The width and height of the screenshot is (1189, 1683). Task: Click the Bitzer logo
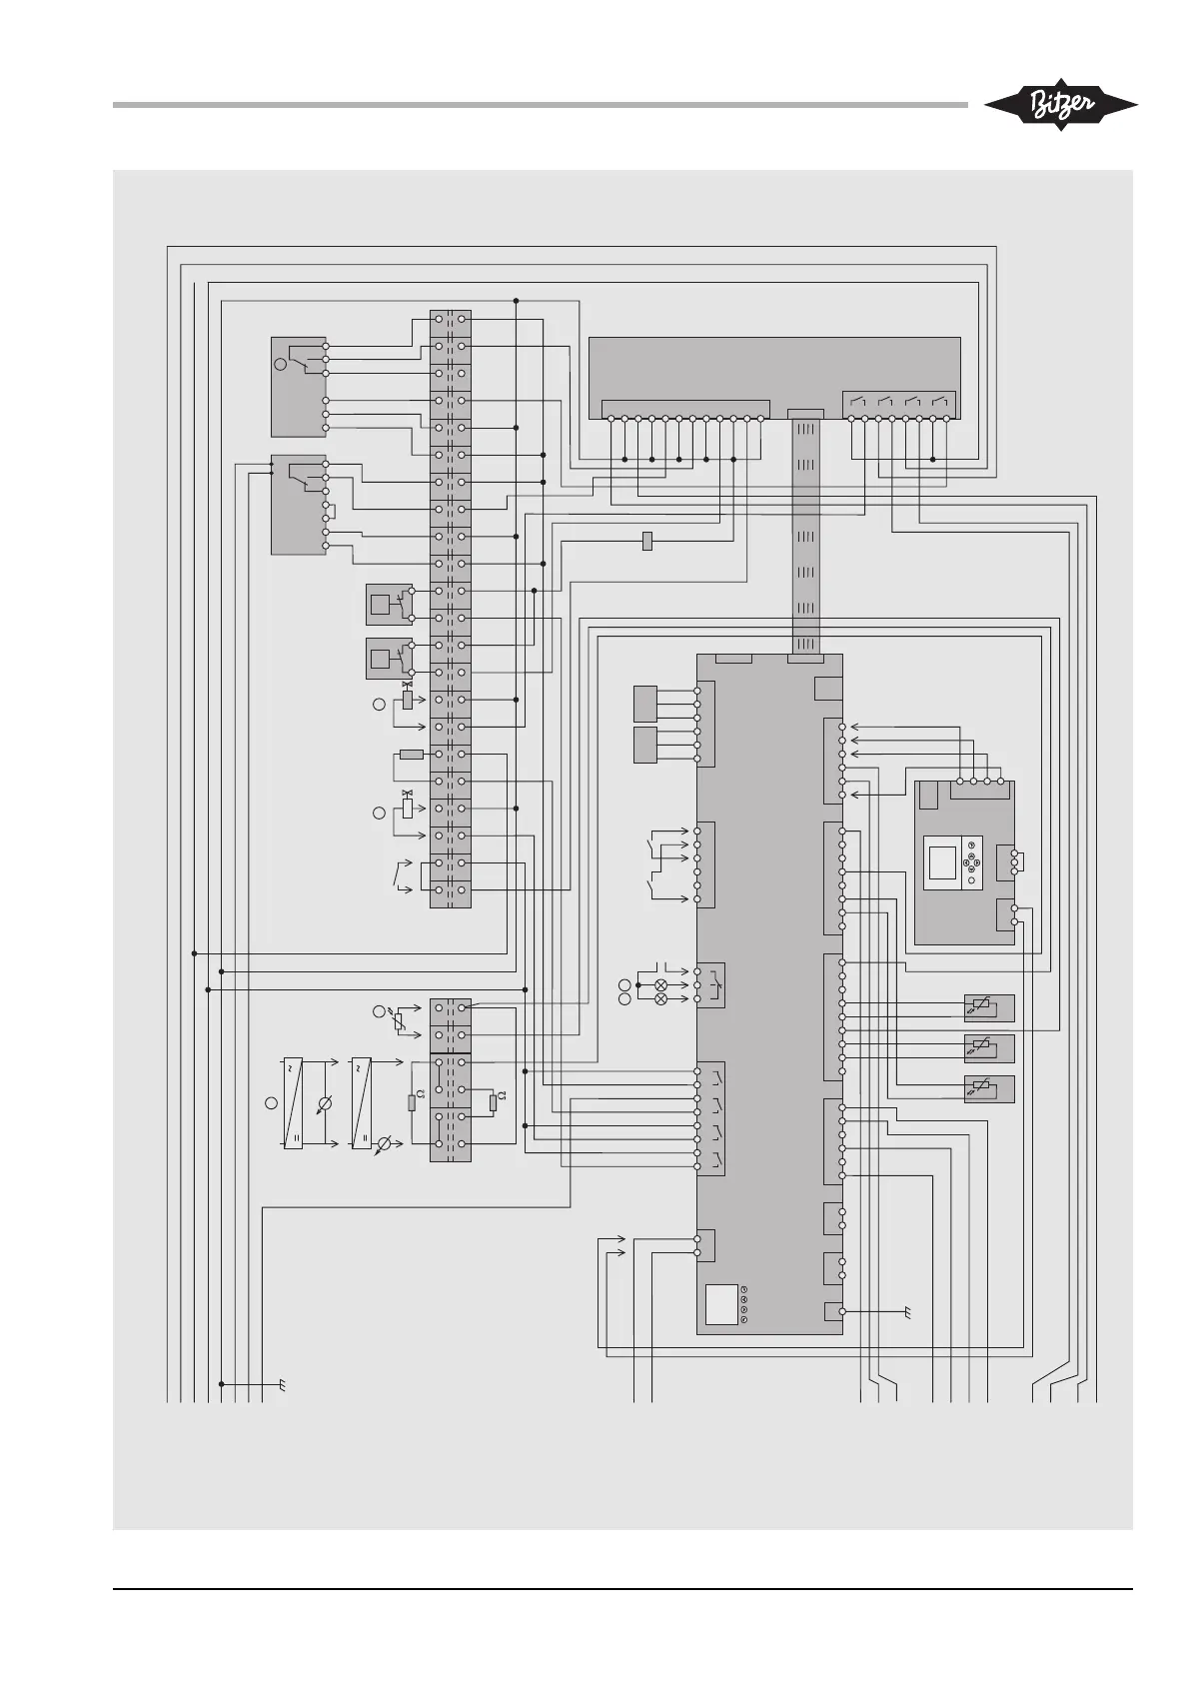click(x=1060, y=104)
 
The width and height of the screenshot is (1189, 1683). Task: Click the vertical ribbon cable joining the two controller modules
click(x=806, y=536)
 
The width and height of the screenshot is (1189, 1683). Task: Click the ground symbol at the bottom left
click(x=283, y=1385)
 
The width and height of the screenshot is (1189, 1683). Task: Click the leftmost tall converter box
click(x=293, y=1102)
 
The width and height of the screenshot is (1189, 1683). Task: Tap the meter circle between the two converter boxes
click(x=322, y=1105)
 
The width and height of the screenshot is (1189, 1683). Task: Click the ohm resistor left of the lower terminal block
click(x=412, y=1103)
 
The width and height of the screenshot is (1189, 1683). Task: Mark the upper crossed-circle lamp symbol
click(x=660, y=984)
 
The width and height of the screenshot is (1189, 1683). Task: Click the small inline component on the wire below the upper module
click(x=647, y=542)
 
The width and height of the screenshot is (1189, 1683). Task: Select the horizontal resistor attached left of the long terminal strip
click(x=411, y=754)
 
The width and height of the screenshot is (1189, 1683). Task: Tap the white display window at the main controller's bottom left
click(x=721, y=1304)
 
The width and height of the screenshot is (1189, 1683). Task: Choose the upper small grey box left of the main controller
click(x=645, y=704)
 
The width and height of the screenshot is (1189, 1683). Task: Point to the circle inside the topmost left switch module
click(x=281, y=365)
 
